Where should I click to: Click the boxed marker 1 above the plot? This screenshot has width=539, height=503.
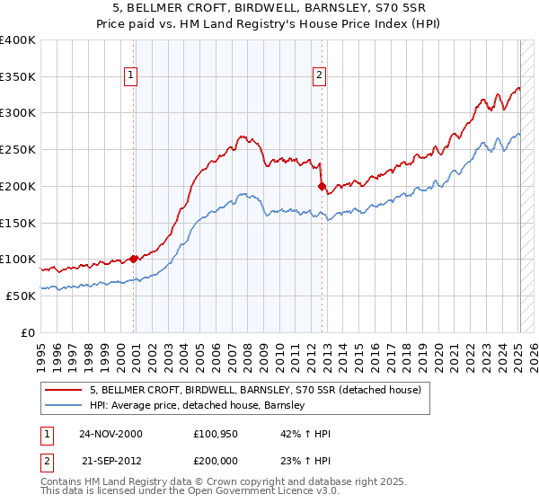tap(132, 76)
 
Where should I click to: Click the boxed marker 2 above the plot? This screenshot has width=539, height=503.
tap(319, 76)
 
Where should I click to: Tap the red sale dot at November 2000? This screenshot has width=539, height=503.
tap(134, 259)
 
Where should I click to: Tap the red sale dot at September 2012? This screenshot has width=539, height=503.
tap(322, 186)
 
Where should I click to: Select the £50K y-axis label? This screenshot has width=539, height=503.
tap(20, 296)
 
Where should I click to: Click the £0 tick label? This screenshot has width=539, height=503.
tap(29, 332)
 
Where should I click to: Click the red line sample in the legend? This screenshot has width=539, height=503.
tap(64, 390)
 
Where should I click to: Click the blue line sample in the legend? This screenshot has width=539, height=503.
tap(64, 405)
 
